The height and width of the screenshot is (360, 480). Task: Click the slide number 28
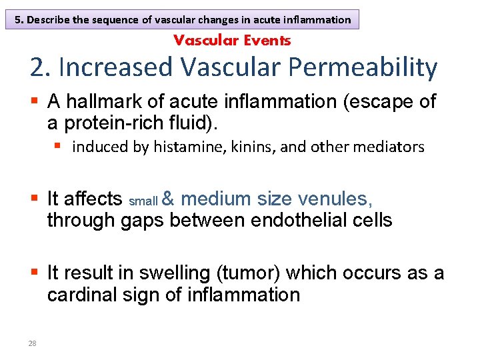(32, 343)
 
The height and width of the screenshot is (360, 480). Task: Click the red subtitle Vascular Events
(232, 40)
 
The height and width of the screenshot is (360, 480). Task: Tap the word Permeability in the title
(362, 68)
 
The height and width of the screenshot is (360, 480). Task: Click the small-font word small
(143, 201)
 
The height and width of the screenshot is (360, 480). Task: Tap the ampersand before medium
(169, 199)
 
